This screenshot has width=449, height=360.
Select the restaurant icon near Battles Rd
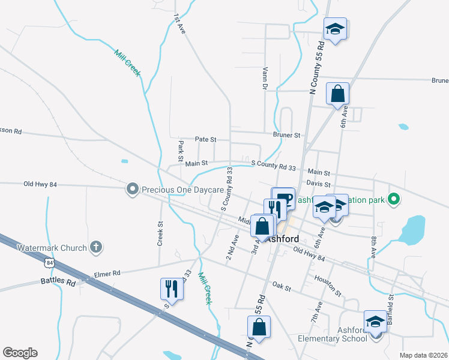point(171,289)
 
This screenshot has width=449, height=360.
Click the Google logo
point(20,353)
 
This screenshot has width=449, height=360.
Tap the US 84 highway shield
point(49,262)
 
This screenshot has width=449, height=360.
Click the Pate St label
point(205,139)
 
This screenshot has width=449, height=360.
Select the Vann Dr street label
point(265,79)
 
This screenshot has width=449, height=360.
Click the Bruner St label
point(286,136)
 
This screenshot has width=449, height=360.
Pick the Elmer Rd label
point(107,274)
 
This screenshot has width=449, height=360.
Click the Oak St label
point(282,287)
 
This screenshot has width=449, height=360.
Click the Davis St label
point(318,184)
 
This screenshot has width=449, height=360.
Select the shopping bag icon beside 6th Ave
point(337,94)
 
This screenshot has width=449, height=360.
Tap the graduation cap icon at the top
point(336,28)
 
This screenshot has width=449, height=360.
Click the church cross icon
point(95,247)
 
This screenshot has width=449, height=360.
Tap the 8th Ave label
point(373,247)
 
